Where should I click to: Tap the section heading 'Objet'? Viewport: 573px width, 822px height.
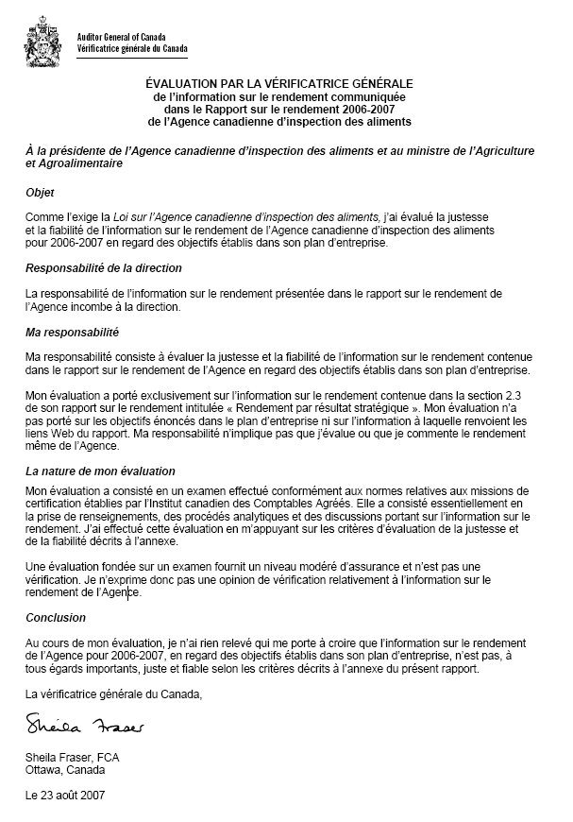click(x=41, y=192)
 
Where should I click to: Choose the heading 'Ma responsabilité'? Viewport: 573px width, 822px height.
click(x=72, y=332)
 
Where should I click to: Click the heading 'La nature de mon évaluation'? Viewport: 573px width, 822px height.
click(x=100, y=471)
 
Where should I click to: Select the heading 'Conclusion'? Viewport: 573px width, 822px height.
click(x=56, y=617)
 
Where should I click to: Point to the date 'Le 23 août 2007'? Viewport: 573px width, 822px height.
click(x=65, y=796)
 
